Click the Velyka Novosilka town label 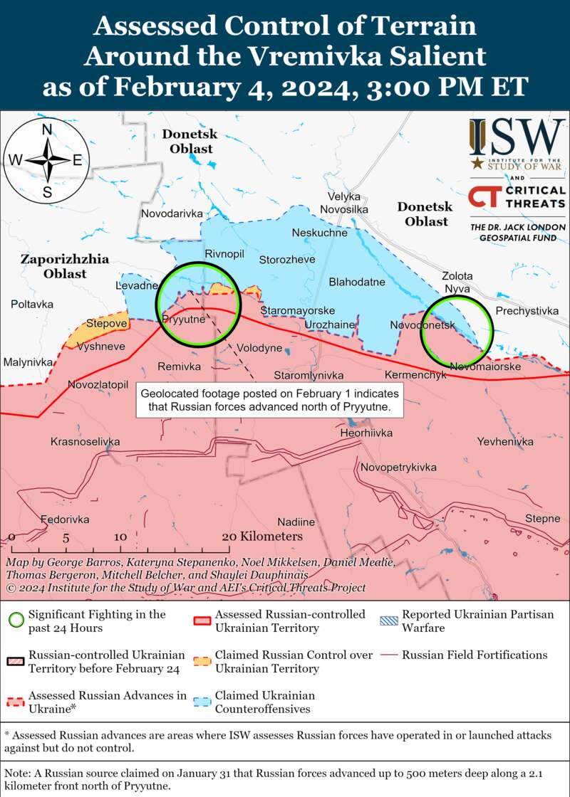(x=344, y=202)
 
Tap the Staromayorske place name (x=298, y=311)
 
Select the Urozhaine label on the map (x=329, y=324)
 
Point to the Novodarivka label (x=172, y=213)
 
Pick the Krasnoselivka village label (x=85, y=442)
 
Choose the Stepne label (x=542, y=518)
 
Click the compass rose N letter (x=47, y=129)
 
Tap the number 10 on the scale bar (x=120, y=537)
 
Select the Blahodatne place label (x=357, y=282)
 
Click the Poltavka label (x=32, y=304)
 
